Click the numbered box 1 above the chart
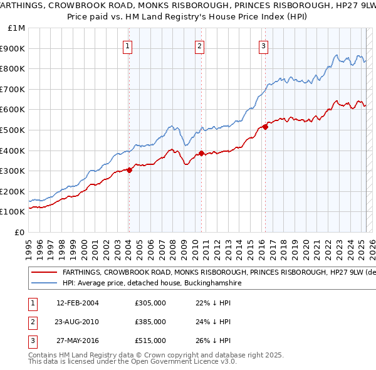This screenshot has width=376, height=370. point(127,45)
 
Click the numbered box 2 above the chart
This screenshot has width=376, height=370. point(199,45)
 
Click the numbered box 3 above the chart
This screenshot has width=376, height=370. point(264,45)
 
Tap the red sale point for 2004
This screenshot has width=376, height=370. point(129,169)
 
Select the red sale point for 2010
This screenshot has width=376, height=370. point(202,153)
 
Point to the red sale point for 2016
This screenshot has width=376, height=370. point(266,127)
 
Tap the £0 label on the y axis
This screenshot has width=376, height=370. point(19,232)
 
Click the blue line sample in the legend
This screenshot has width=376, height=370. point(44,283)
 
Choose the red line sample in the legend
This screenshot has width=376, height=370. point(44,273)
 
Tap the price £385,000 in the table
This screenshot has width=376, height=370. point(150,322)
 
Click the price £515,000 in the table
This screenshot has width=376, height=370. point(150,340)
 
